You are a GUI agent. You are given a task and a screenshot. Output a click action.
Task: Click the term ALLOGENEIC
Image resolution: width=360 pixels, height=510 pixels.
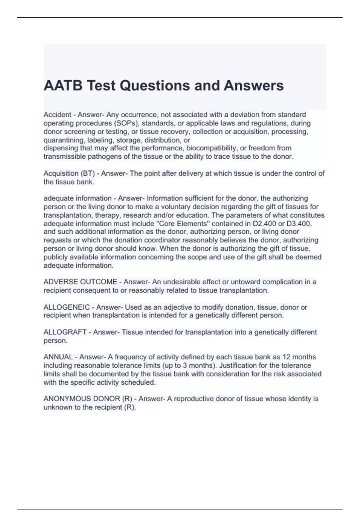(67, 307)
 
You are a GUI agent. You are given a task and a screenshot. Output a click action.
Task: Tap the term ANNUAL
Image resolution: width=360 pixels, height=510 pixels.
(58, 357)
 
